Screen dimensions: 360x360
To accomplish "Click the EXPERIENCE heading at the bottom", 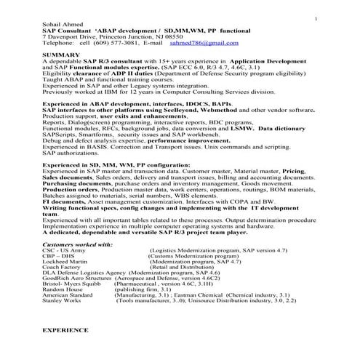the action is (65, 329).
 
